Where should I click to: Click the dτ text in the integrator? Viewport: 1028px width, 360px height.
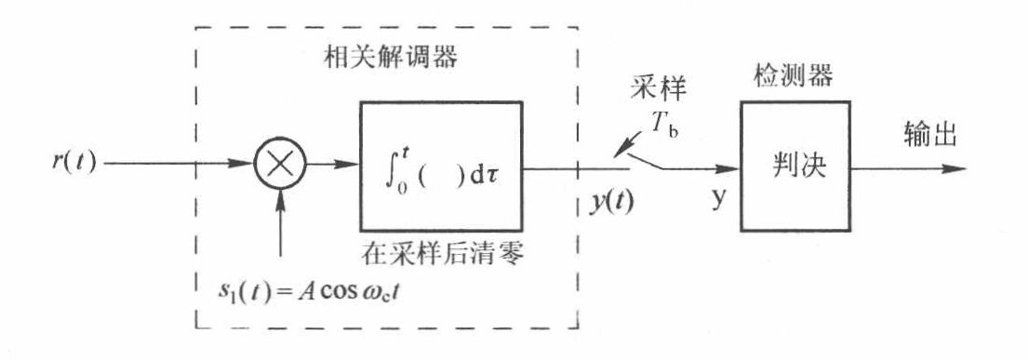point(485,170)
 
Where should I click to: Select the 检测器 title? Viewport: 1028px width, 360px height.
point(794,75)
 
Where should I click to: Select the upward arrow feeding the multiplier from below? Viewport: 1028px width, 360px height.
point(280,224)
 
